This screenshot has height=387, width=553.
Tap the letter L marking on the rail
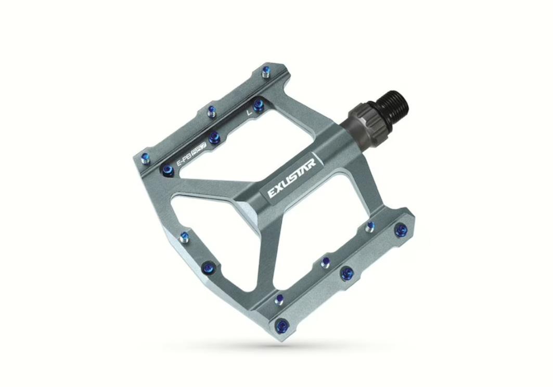pos(250,111)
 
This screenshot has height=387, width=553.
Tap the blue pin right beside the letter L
pos(258,106)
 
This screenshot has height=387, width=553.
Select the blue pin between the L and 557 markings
pos(214,137)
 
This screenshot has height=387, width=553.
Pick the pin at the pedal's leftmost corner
pos(145,158)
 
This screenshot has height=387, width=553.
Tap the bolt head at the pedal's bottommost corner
pos(282,325)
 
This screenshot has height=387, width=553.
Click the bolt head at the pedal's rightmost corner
pos(401,230)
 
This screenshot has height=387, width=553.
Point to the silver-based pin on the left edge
pos(184,238)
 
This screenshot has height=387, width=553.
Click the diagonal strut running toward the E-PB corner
pos(213,185)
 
